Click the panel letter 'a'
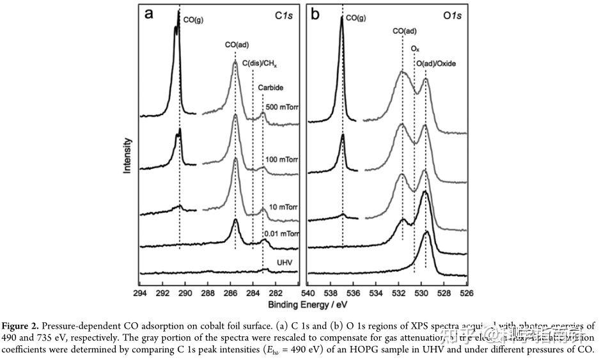tap(150, 14)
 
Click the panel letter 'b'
tap(315, 14)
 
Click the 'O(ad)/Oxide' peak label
tap(436, 64)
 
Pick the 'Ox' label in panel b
tap(415, 48)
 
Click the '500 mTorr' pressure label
tap(283, 107)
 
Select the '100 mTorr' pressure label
tap(283, 159)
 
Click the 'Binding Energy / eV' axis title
tap(303, 304)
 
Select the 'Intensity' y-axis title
tap(128, 156)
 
